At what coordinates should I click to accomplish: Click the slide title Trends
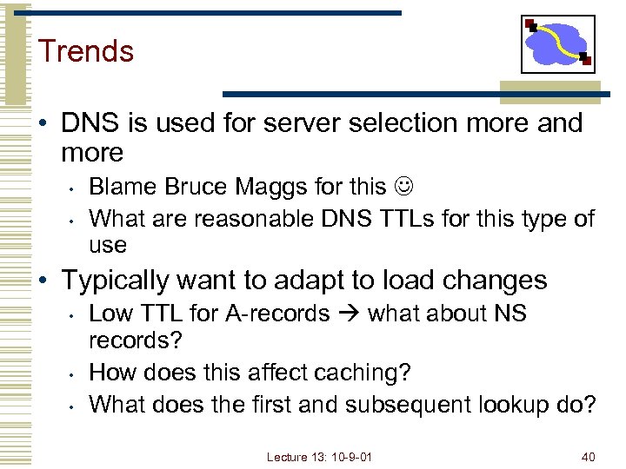(85, 50)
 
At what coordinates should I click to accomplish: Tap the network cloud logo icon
(557, 43)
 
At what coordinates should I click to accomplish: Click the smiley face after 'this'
(404, 186)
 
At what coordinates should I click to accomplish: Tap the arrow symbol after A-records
(348, 313)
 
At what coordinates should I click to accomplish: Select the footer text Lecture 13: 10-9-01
(319, 456)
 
